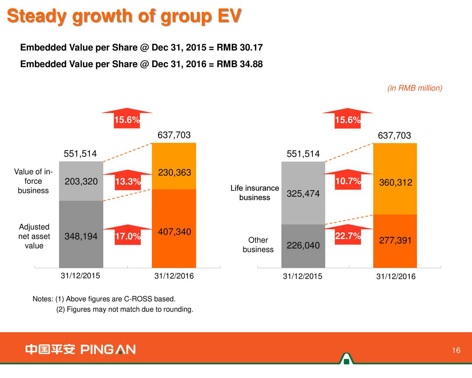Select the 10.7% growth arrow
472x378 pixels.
pos(348,181)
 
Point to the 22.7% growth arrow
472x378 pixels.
pos(348,235)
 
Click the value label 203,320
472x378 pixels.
pos(81,182)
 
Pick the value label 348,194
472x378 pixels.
pos(81,237)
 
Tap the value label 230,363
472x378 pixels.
pos(174,173)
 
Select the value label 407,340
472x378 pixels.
pos(174,232)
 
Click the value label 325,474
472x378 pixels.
pos(303,194)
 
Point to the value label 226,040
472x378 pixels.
pos(303,245)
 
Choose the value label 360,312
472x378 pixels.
pos(396,183)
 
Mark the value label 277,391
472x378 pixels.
pos(395,241)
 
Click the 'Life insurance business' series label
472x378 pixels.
pos(255,193)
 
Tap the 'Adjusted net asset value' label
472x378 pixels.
pos(34,236)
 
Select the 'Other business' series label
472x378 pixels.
pos(258,245)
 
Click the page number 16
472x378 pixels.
pos(456,350)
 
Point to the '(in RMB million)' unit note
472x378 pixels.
pos(415,88)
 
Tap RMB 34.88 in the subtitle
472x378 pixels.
pos(240,64)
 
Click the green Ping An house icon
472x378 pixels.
pos(346,359)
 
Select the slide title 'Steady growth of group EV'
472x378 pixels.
pos(124,17)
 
